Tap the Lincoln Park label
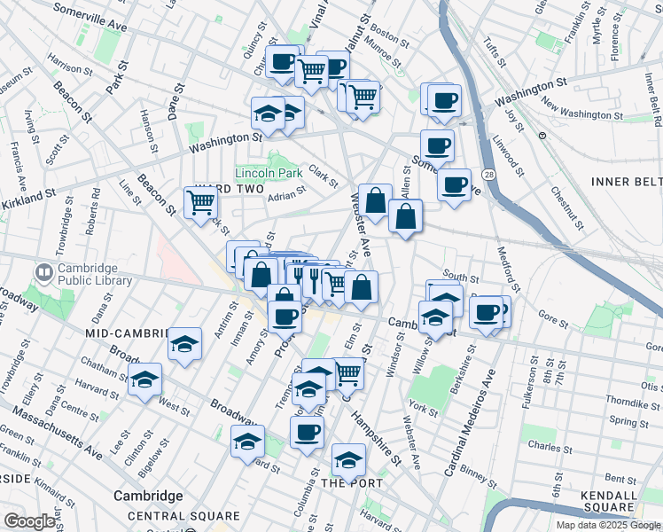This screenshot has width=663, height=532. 269,173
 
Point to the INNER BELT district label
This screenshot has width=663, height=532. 626,182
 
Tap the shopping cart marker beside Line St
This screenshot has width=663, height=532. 200,201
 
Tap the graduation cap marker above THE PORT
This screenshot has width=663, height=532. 348,460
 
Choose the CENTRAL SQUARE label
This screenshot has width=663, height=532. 183,516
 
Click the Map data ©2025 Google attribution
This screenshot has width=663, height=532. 607,525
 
